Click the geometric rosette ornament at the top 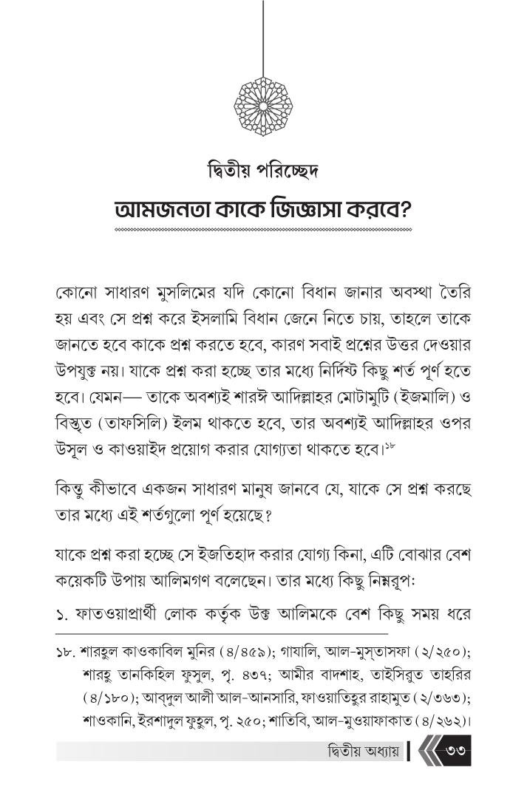(263, 102)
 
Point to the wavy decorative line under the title (263, 231)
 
